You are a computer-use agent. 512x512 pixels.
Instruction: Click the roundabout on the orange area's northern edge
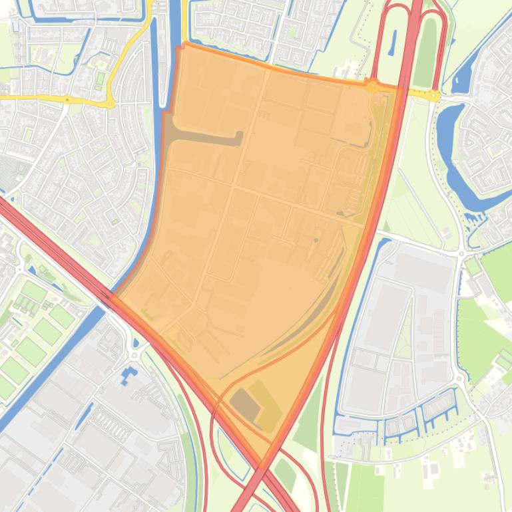(x=372, y=84)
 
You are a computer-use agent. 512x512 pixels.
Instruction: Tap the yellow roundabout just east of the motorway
(x=434, y=96)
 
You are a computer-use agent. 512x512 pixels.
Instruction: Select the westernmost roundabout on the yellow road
(x=67, y=100)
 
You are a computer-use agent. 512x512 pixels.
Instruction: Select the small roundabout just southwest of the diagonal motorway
(x=135, y=355)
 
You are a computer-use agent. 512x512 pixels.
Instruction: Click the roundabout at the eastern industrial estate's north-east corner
(x=461, y=253)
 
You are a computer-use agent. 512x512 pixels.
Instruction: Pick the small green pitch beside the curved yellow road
(x=100, y=79)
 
